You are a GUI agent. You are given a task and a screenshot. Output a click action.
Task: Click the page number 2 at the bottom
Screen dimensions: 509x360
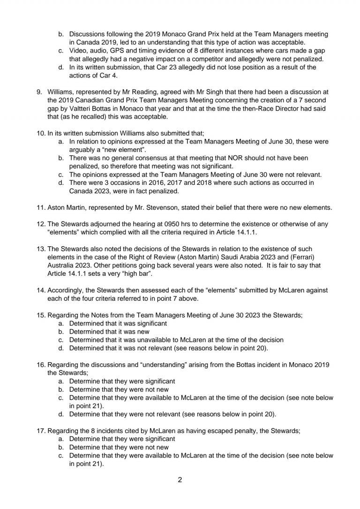point(180,479)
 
